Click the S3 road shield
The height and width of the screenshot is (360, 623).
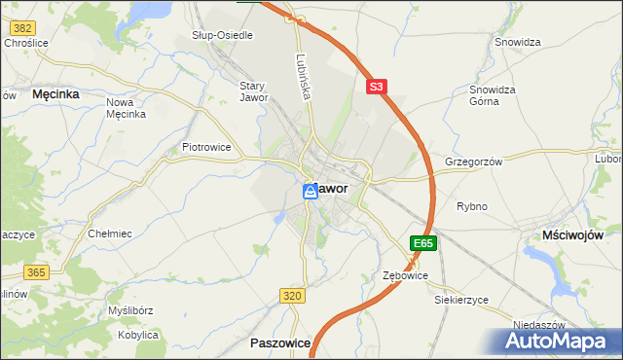pyautogui.click(x=378, y=87)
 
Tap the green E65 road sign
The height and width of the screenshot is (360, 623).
pyautogui.click(x=422, y=243)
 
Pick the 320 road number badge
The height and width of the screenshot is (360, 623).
pyautogui.click(x=291, y=295)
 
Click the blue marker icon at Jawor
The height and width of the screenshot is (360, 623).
pyautogui.click(x=310, y=192)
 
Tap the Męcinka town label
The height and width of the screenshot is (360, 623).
pyautogui.click(x=55, y=94)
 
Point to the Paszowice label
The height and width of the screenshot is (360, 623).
pyautogui.click(x=279, y=342)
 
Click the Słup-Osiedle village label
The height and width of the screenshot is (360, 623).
pyautogui.click(x=222, y=35)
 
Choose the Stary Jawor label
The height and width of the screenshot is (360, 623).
pyautogui.click(x=253, y=91)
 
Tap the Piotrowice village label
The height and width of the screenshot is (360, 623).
pyautogui.click(x=206, y=148)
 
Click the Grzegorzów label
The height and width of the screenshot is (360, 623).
pyautogui.click(x=473, y=162)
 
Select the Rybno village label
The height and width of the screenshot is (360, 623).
pyautogui.click(x=471, y=206)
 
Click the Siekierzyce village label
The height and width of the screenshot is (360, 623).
pyautogui.click(x=460, y=300)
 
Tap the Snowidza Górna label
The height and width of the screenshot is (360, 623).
pyautogui.click(x=492, y=95)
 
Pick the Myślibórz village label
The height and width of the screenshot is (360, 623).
pyautogui.click(x=128, y=310)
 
